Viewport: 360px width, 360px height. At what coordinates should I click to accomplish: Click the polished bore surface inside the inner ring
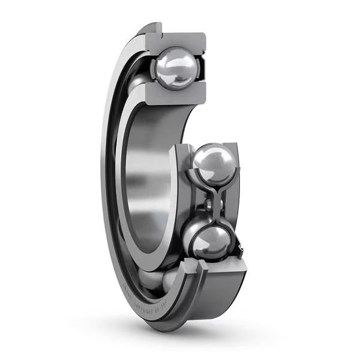(144, 180)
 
